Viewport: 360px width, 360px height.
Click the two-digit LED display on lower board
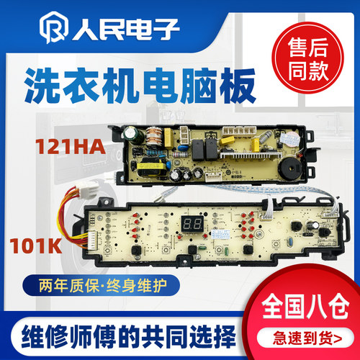(x=192, y=223)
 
